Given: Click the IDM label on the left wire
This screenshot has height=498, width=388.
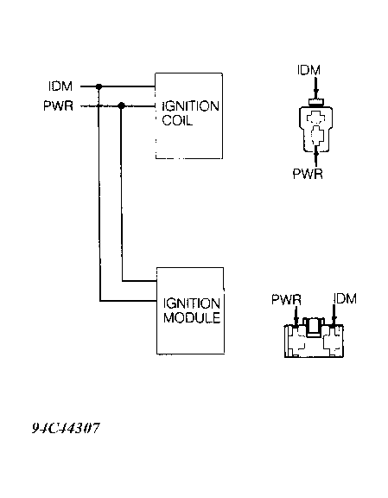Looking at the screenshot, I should point(60,86).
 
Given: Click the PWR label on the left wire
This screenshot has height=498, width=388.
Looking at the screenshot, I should point(60,106).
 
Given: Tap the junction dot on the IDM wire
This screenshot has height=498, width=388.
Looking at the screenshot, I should point(100,86).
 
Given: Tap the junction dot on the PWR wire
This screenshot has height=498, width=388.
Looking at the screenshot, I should point(121,106).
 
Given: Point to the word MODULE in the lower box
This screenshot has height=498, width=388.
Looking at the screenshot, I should point(190,318).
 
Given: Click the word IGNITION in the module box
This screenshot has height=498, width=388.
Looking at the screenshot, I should point(190,303).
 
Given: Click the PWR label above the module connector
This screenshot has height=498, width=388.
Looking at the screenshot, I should point(285,298).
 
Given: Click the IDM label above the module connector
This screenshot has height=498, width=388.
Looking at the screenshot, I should point(344,298).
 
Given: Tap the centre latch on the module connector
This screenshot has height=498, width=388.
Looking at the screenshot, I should point(315,327).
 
